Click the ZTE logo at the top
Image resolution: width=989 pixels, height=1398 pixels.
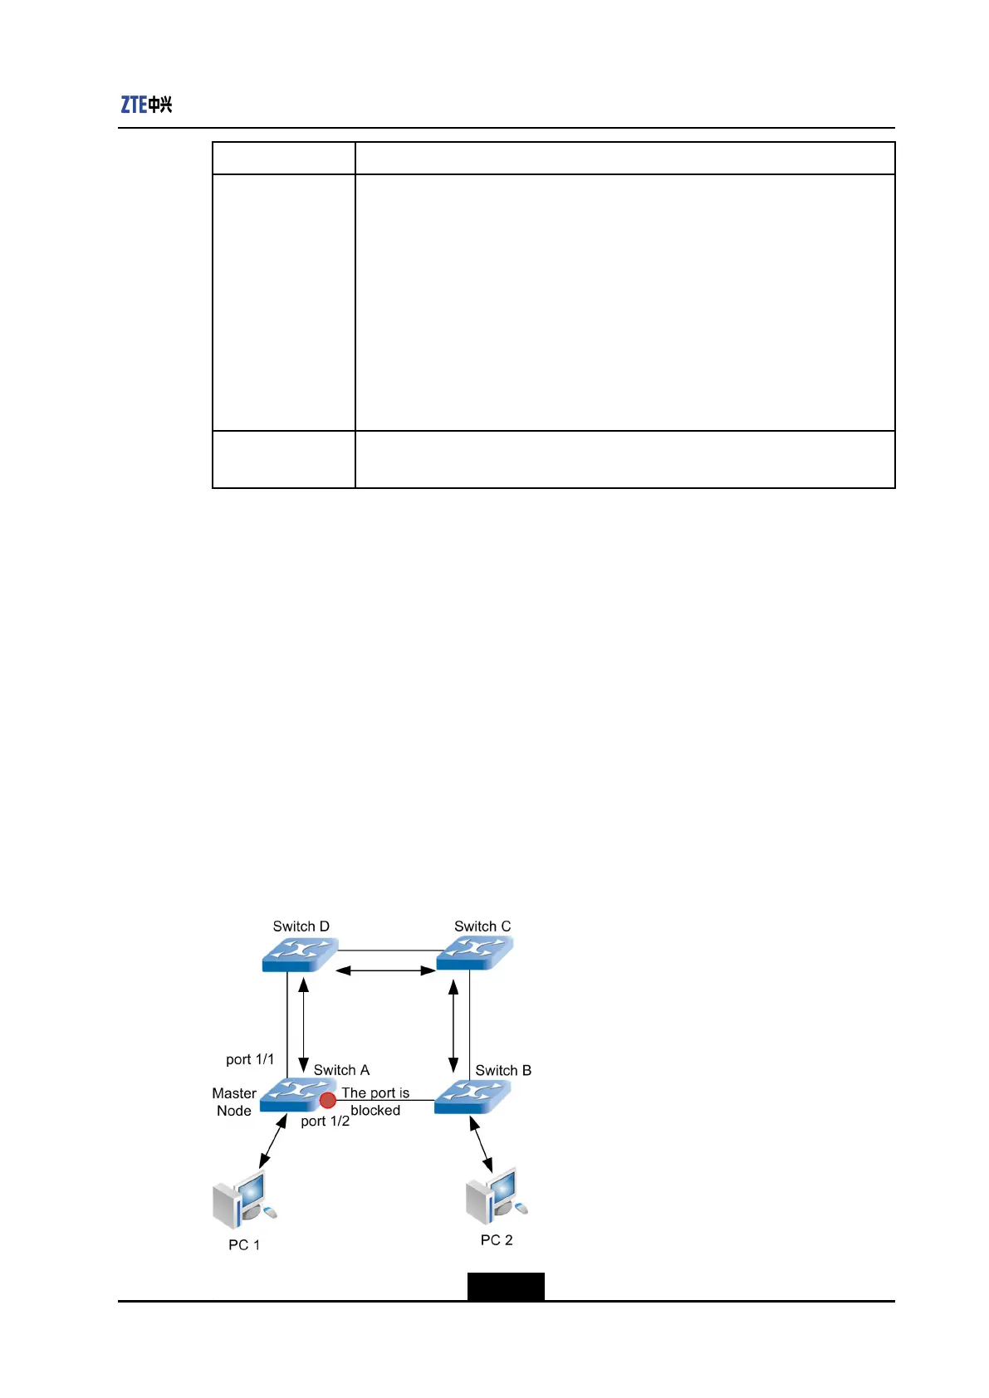(x=146, y=105)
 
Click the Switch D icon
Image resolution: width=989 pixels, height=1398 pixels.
(x=300, y=955)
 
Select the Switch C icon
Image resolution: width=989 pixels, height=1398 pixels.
(x=475, y=953)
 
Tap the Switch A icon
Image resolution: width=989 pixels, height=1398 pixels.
(x=296, y=1096)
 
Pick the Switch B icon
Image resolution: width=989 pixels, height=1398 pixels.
(x=472, y=1097)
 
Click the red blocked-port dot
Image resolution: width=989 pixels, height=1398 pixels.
(x=328, y=1100)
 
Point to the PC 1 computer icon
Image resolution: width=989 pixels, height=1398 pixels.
(x=244, y=1201)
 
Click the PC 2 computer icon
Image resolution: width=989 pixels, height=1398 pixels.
(x=497, y=1196)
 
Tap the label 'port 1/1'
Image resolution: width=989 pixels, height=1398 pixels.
(x=250, y=1059)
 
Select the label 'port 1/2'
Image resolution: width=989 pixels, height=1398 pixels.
(x=325, y=1122)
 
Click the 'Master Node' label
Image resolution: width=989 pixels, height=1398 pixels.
(x=234, y=1102)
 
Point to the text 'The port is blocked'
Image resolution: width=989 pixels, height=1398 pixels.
(x=375, y=1102)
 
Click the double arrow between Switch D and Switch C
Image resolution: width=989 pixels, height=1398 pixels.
(x=386, y=970)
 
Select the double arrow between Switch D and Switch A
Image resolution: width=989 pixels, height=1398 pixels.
(x=304, y=1025)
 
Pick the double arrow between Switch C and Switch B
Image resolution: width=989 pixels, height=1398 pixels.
(x=453, y=1025)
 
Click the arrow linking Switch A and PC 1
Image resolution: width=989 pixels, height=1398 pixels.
(x=272, y=1142)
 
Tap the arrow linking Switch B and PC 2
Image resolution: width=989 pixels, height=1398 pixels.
(x=481, y=1144)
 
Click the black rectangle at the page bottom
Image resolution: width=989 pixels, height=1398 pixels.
(x=506, y=1286)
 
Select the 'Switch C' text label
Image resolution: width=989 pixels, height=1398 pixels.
(x=482, y=926)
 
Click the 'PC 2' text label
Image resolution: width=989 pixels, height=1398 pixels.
(x=497, y=1239)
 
